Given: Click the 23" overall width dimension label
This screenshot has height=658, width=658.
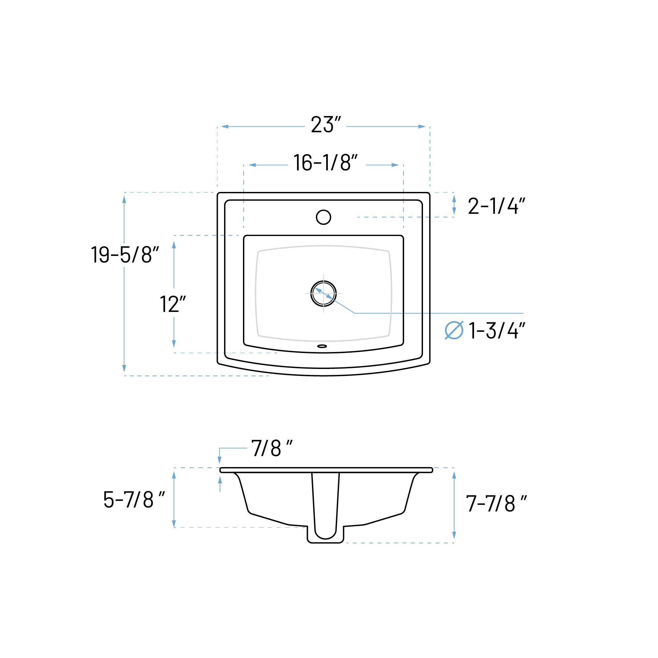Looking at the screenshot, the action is pos(326,125).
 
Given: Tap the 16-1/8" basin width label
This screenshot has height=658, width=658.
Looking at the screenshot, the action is pos(326,162).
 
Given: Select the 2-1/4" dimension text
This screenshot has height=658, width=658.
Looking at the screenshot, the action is pos(497,206).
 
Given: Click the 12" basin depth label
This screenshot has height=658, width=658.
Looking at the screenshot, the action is pos(173,304).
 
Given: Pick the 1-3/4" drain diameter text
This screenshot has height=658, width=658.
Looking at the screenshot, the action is pos(497,330).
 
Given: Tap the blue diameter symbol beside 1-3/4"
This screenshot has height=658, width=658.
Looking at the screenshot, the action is pos(454,330).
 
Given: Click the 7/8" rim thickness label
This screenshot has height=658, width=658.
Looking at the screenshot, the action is pos(272,448).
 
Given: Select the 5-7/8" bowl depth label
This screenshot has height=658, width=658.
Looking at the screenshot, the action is pos(134,500).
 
